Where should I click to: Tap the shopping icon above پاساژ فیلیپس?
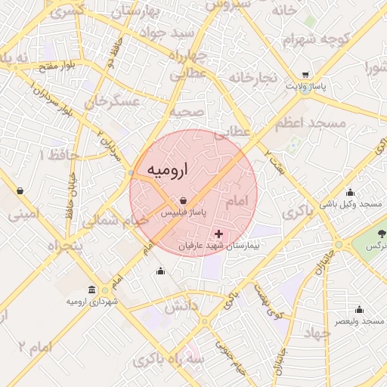click(x=184, y=200)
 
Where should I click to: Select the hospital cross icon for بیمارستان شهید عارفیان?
click(x=219, y=234)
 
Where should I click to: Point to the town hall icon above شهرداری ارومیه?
click(x=91, y=289)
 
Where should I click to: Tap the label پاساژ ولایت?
click(x=306, y=87)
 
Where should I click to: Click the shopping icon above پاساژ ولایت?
click(x=305, y=75)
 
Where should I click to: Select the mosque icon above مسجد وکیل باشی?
click(x=349, y=192)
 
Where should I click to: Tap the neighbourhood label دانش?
click(x=180, y=306)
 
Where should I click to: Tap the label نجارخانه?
click(x=253, y=78)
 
